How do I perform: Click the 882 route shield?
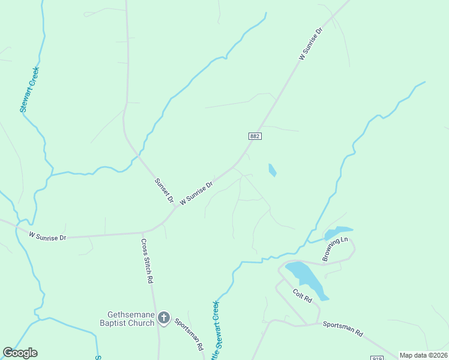coord(255,136)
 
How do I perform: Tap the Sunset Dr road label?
coord(163,190)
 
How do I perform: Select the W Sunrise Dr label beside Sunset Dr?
coord(197,193)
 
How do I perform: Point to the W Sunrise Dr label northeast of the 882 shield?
coord(311,44)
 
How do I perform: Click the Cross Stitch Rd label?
coord(146,261)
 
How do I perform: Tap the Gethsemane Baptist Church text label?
coord(131,319)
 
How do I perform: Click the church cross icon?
coord(164,319)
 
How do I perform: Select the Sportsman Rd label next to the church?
coord(189,333)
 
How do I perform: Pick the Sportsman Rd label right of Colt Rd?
coord(343,328)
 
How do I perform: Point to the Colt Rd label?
coord(303,296)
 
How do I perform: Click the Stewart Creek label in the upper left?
coord(29,89)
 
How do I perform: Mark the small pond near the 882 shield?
coord(272,170)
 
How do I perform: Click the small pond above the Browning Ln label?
coord(338,232)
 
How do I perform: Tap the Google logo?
coord(20,353)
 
